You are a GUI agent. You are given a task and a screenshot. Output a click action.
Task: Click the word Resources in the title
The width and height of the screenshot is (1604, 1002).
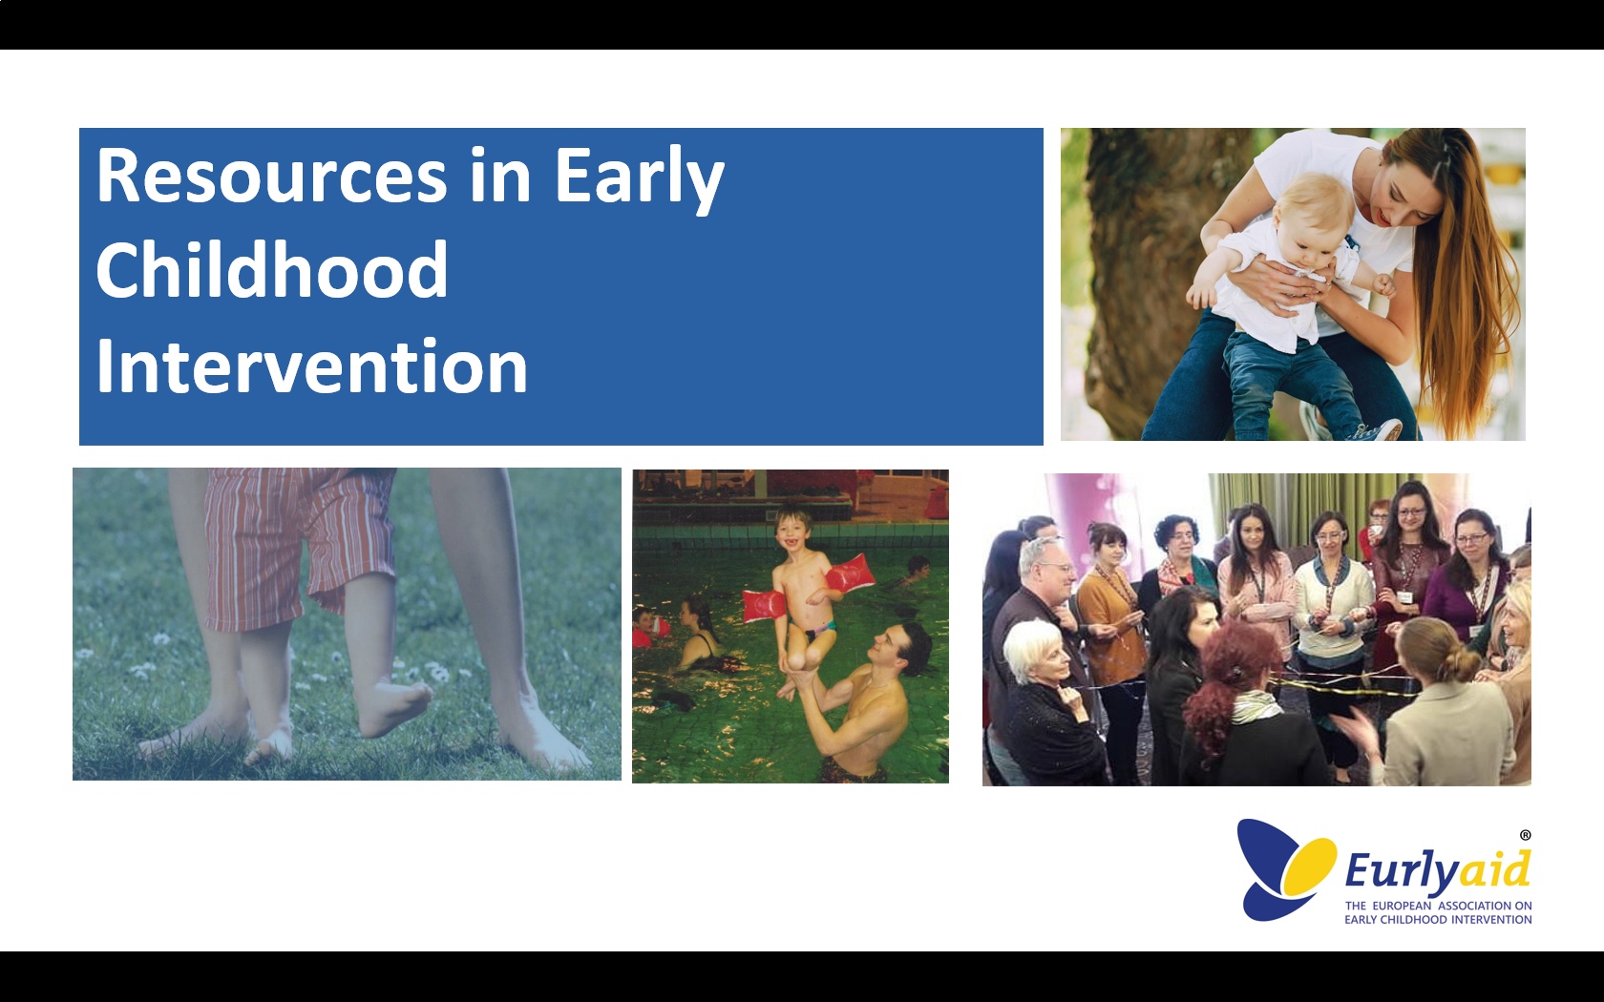(x=272, y=176)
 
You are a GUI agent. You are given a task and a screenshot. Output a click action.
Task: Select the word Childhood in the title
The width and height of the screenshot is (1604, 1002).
(x=272, y=270)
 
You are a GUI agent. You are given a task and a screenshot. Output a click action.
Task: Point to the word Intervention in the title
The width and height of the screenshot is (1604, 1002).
(x=312, y=366)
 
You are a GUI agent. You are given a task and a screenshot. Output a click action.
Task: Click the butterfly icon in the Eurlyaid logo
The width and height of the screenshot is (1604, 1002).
(x=1285, y=869)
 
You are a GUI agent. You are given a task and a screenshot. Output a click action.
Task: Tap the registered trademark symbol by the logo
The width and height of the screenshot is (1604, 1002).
(x=1526, y=835)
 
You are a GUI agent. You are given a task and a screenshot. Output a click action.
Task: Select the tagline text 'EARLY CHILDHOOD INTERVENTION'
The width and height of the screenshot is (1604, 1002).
(x=1438, y=920)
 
